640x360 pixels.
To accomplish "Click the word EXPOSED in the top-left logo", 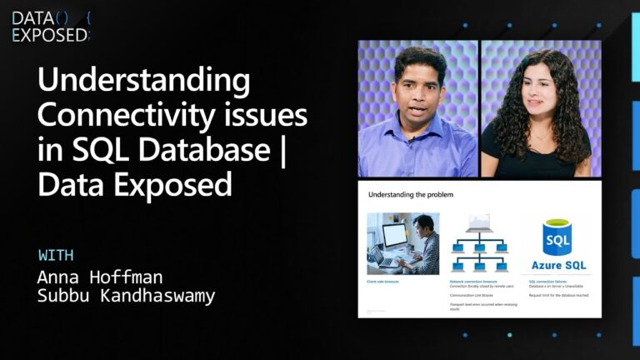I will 48,34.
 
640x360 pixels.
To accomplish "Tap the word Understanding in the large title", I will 144,82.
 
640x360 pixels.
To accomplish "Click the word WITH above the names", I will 56,255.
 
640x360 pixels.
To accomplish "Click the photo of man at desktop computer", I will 402,243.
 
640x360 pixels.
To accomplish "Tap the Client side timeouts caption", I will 383,282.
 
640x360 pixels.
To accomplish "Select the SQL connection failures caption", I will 548,282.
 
